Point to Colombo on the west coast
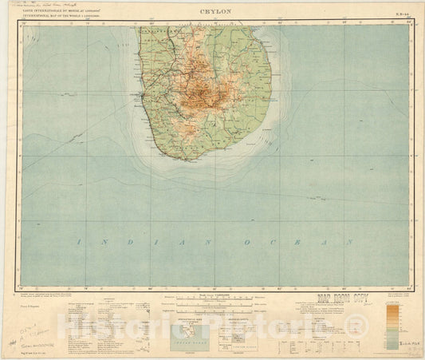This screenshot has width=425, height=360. (x=144, y=97)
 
